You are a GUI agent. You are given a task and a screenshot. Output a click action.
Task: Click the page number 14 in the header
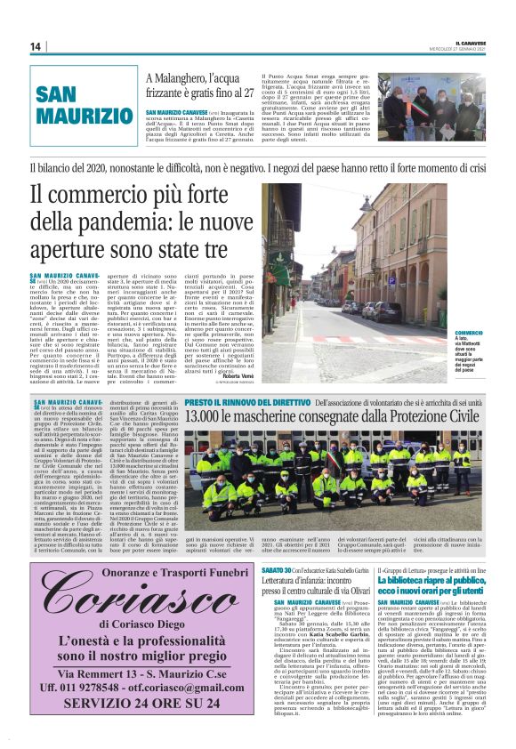point(36,47)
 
